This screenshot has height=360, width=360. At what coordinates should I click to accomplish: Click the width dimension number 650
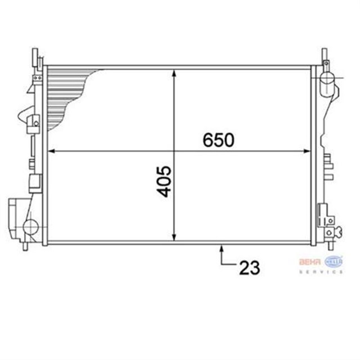[218, 140]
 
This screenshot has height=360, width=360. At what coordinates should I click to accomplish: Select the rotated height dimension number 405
[164, 181]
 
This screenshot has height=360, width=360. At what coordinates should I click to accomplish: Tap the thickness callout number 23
[250, 268]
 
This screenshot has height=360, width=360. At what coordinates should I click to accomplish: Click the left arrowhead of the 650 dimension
[51, 151]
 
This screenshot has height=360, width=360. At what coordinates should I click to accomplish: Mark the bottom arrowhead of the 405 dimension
[175, 238]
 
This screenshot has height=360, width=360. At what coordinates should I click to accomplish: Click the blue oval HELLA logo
[333, 262]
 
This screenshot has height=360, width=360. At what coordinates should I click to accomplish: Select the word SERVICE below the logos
[321, 272]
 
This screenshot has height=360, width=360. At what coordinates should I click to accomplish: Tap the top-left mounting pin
[35, 56]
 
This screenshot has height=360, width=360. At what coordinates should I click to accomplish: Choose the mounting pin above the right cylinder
[325, 56]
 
